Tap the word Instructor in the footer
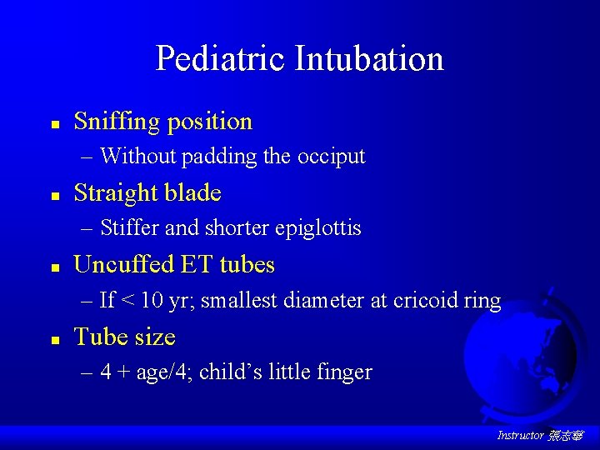pos(520,436)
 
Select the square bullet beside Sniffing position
pos(53,123)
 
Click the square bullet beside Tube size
pos(53,339)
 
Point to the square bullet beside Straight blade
pos(53,196)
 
